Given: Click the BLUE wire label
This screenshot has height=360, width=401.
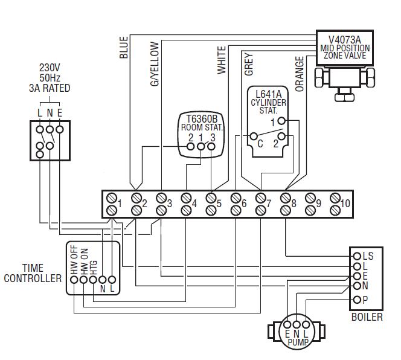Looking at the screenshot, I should pos(124,48).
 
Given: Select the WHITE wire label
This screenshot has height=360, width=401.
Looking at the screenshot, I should pos(221,60).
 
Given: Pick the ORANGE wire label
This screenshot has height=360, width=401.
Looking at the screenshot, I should pos(300,74).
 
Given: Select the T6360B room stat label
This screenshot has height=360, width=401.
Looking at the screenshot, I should pos(202,124).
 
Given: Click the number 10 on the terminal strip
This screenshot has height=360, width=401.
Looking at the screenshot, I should pos(345,204).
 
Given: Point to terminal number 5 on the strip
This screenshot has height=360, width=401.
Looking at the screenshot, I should pos(219,204).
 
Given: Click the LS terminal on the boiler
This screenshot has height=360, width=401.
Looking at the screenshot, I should pos(367,256).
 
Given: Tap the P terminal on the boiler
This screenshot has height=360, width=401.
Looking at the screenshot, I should pos(365,300).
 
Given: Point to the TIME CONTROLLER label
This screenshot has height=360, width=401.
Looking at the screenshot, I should pos(33,273).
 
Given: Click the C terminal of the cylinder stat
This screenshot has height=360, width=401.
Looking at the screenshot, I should pos(260,144).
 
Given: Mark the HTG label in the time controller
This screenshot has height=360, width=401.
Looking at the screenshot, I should pos(93,269).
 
